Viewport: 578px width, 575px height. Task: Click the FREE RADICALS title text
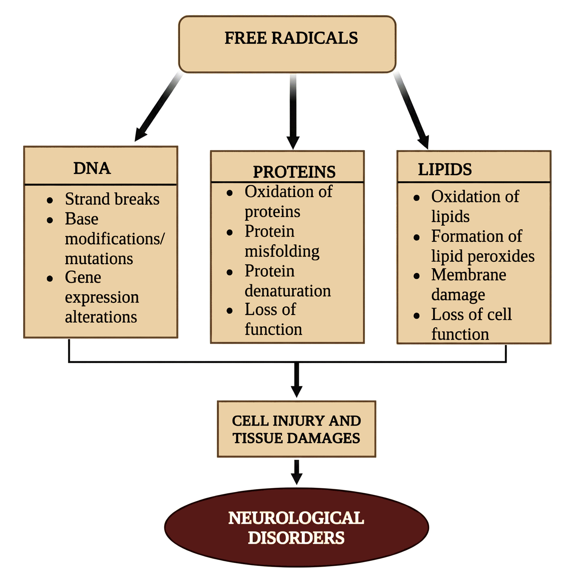click(x=291, y=38)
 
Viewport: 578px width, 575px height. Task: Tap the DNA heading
click(x=92, y=168)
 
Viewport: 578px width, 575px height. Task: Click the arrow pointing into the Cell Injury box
click(x=296, y=380)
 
